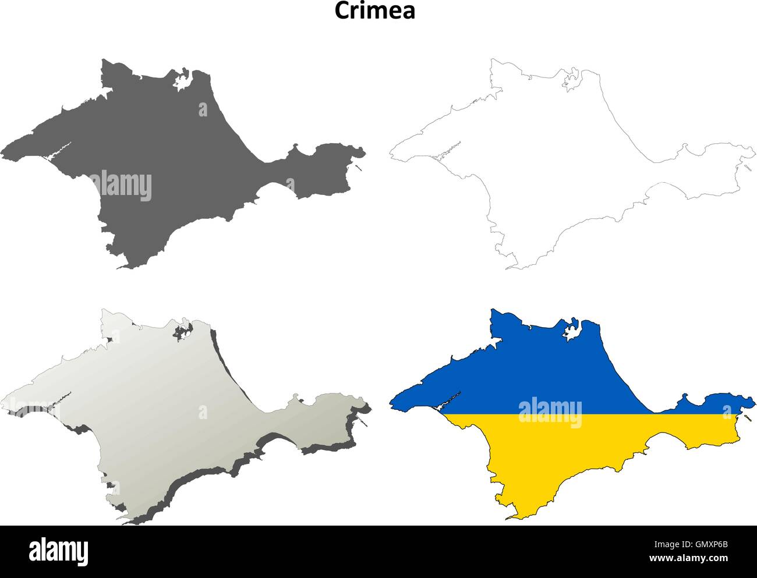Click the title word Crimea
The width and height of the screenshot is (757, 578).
(x=374, y=11)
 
